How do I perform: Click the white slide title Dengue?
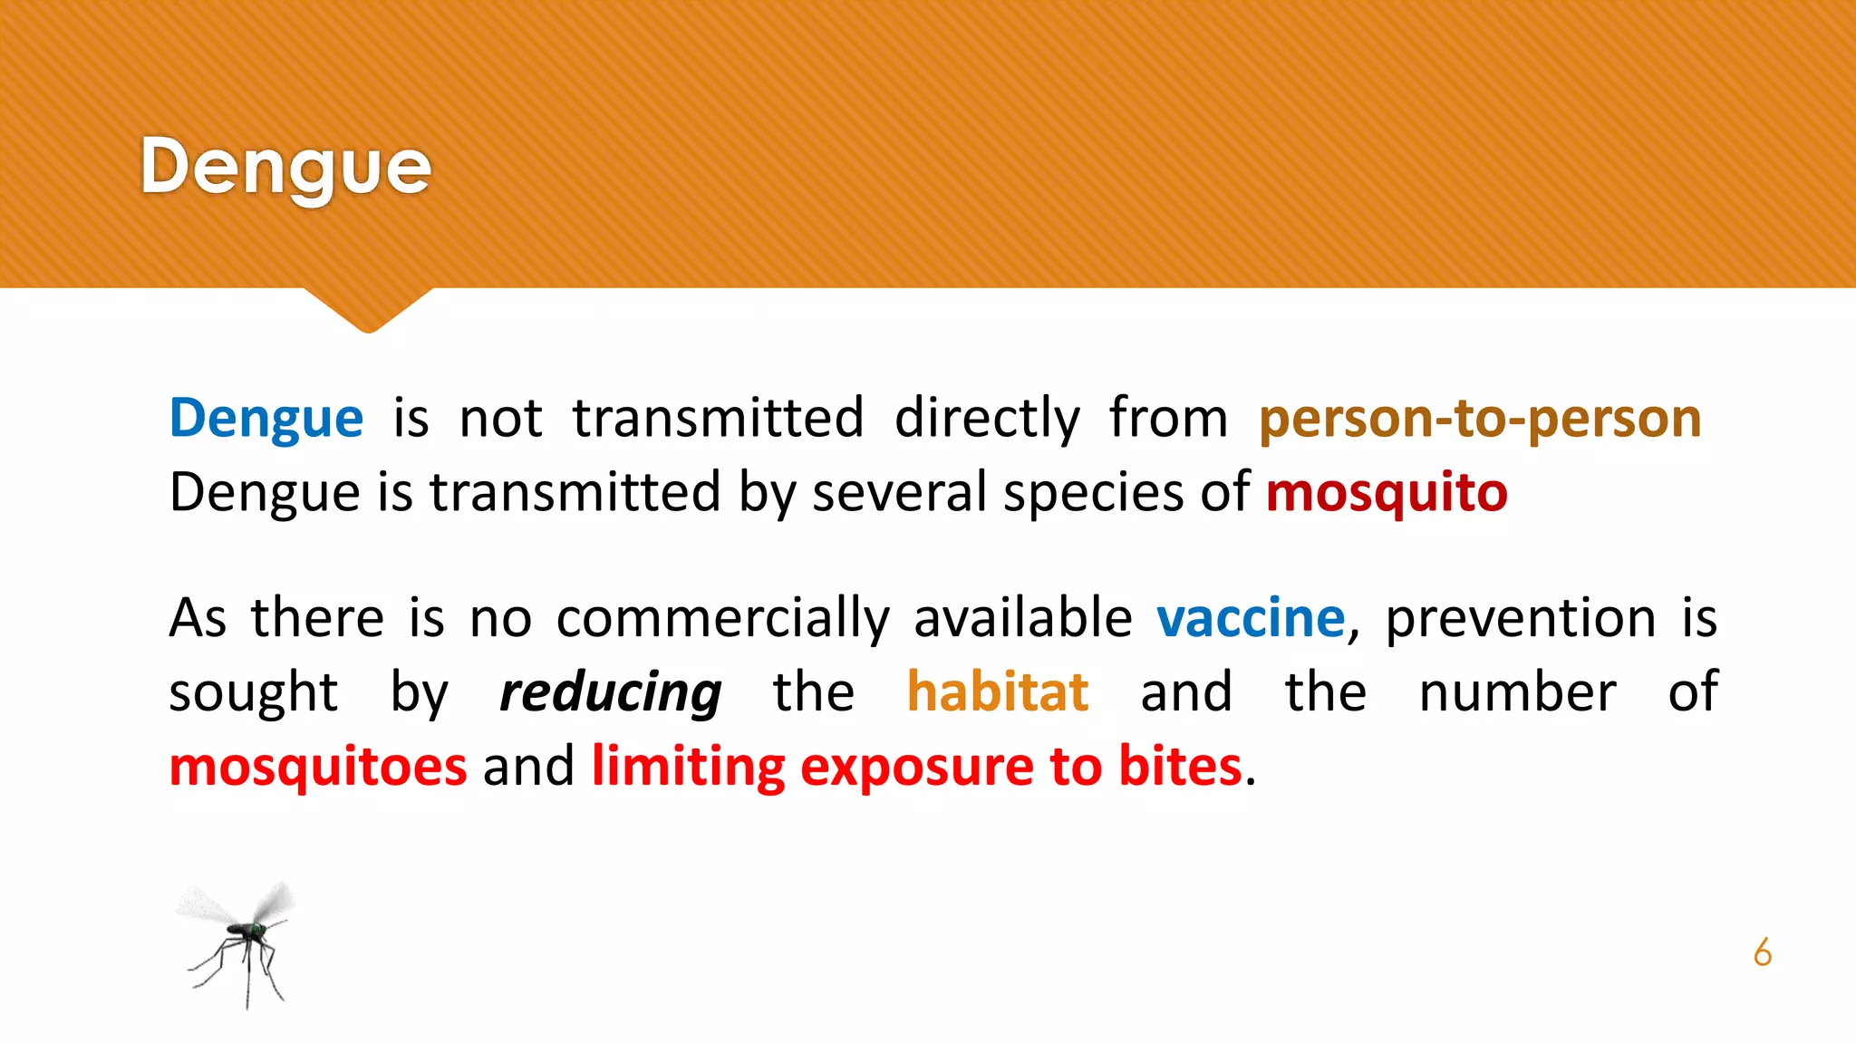285,168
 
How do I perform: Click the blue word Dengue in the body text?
266,419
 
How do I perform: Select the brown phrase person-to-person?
1480,419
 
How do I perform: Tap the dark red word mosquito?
1387,493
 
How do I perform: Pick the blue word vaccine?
1251,619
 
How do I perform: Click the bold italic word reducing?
610,693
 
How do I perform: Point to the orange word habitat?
997,692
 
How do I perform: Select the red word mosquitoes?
318,767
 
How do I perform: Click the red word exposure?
916,767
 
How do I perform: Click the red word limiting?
688,767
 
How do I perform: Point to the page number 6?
1762,952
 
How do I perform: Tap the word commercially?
722,619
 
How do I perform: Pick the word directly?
987,419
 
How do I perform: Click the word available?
1022,619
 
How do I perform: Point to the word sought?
253,693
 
